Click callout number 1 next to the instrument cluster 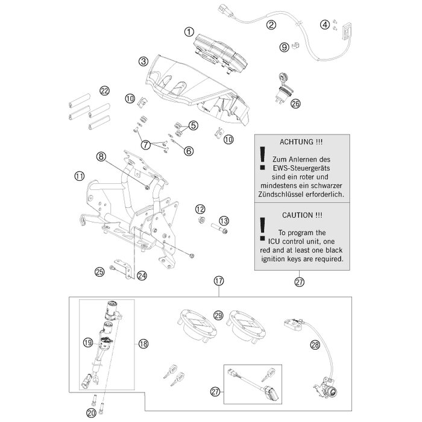click(189, 31)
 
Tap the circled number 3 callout click(143, 61)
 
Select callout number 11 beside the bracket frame click(79, 176)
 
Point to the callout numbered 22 click(104, 91)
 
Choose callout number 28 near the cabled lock click(315, 345)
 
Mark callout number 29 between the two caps click(218, 315)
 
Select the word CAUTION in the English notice click(293, 215)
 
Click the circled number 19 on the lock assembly click(87, 342)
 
